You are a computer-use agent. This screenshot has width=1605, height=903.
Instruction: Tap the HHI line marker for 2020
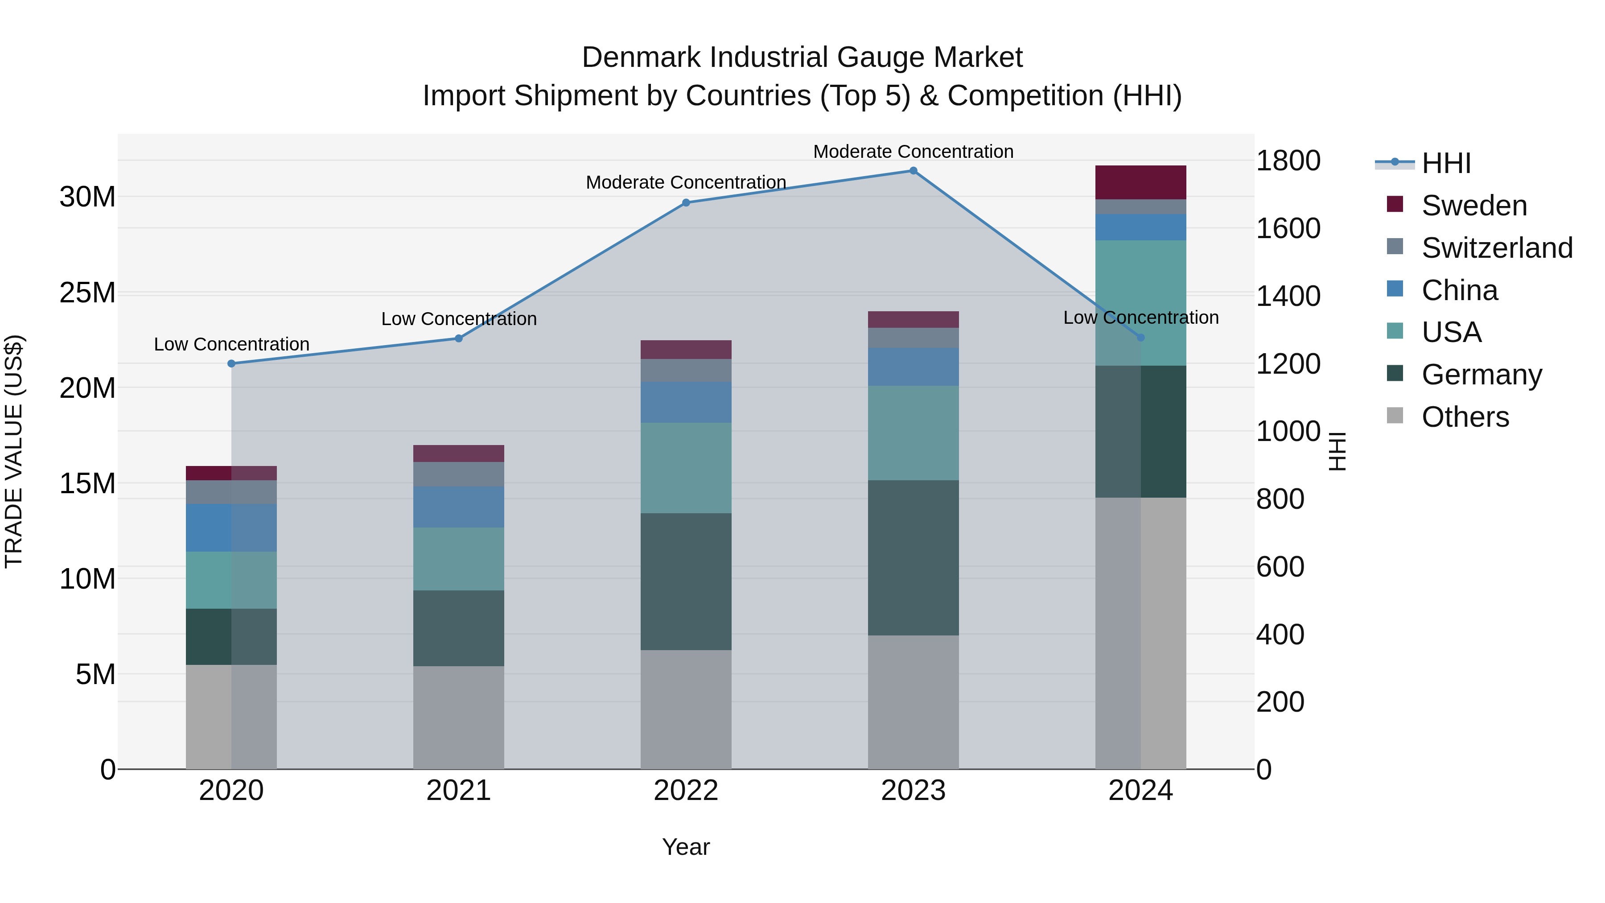[231, 363]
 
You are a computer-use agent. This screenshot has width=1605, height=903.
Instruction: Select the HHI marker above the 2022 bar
[686, 202]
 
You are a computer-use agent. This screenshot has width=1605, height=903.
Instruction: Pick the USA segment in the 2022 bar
[686, 468]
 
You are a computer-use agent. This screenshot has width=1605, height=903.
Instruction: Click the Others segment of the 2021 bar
[459, 717]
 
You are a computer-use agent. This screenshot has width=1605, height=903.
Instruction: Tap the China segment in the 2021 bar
[459, 507]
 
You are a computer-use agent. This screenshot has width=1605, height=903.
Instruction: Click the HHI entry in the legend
[1445, 163]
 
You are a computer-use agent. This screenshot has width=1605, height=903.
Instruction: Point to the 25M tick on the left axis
[87, 293]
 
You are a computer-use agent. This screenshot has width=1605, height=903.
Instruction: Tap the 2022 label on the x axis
[686, 791]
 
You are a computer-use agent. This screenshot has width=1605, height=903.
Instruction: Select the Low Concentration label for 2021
[459, 319]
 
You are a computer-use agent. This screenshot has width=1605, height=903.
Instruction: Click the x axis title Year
[686, 847]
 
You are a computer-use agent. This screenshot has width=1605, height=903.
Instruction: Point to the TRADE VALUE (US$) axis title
[14, 451]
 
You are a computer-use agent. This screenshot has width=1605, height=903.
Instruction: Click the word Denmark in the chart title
[641, 58]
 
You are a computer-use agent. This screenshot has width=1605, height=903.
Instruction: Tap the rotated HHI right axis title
[1337, 451]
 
